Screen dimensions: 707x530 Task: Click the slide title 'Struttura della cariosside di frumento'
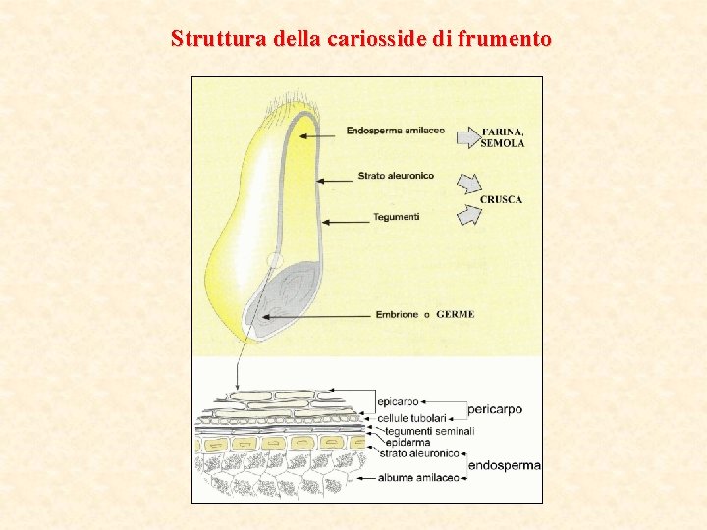coord(360,39)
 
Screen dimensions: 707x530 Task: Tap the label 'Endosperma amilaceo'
coord(396,131)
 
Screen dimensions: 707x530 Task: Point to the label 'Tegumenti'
coord(397,217)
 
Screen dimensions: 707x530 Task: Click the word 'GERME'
coord(456,315)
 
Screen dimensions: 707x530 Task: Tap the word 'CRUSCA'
coord(501,200)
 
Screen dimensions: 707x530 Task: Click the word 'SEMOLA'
coord(502,143)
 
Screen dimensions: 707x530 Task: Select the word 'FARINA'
coord(501,132)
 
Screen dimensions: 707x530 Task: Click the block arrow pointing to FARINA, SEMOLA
coord(468,135)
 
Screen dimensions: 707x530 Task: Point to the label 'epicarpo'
coord(399,401)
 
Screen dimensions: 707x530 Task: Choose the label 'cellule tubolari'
coord(412,418)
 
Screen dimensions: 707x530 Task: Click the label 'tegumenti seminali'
coord(430,431)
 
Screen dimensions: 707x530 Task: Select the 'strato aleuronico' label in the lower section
coord(419,453)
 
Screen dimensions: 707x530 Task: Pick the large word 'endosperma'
coord(505,465)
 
